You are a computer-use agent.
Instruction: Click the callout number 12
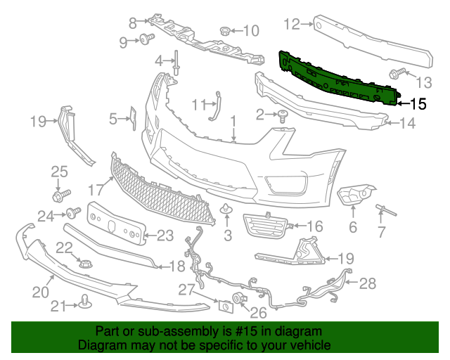coord(292,25)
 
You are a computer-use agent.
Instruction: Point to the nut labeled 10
coord(226,30)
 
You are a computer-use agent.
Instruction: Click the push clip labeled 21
coord(86,302)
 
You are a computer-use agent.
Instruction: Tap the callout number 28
coord(368,284)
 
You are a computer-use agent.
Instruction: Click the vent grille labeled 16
coord(266,226)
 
